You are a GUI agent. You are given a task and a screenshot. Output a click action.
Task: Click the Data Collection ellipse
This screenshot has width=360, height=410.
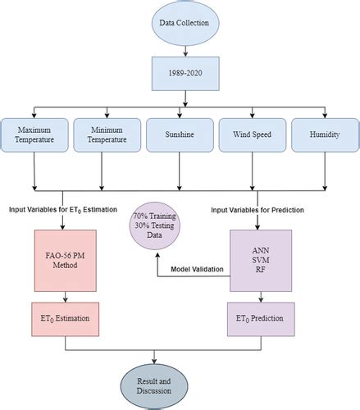[185, 23]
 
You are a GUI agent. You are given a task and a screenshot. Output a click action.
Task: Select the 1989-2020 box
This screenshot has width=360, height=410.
[185, 74]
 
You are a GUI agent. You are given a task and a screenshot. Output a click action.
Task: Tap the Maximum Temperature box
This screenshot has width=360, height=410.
[34, 135]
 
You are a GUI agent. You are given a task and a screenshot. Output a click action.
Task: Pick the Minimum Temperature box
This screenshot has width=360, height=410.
[107, 135]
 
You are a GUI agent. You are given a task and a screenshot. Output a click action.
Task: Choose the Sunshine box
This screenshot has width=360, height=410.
[180, 135]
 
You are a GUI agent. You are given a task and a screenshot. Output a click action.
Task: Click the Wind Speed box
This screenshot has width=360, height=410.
[253, 135]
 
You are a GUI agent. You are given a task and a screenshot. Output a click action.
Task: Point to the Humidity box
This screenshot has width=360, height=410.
[325, 135]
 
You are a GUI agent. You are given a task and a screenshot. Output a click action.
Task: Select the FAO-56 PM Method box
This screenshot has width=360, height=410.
[66, 261]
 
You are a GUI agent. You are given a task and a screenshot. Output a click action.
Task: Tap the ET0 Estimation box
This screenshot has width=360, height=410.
[66, 319]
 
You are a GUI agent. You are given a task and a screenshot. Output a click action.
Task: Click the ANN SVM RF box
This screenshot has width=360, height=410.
[261, 261]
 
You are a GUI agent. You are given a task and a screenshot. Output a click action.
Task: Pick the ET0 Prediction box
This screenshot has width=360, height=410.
[261, 319]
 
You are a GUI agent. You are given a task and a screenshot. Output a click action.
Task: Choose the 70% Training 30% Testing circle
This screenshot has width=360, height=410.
[155, 225]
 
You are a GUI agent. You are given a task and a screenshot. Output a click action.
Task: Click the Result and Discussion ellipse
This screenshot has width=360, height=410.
[154, 386]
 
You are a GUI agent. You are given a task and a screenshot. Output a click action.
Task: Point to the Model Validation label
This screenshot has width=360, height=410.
[197, 269]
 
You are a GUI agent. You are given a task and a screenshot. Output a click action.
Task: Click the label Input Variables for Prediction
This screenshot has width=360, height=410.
[257, 210]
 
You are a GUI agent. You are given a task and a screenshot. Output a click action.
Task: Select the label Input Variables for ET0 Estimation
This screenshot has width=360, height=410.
[63, 210]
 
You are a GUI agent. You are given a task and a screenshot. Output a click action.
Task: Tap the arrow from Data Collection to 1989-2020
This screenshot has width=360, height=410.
[185, 52]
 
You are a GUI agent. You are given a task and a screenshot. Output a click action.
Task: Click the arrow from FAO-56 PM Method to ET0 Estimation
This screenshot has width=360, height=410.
[66, 297]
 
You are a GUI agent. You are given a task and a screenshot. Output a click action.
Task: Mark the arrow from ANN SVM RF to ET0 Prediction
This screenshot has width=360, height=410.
[261, 297]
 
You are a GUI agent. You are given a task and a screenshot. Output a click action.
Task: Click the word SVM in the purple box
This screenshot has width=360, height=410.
[261, 260]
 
